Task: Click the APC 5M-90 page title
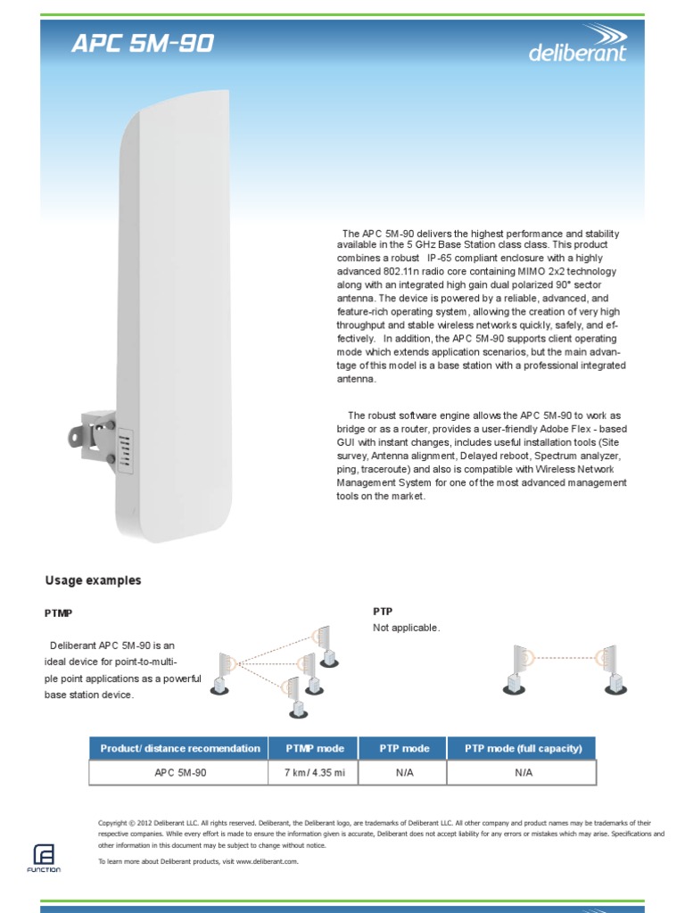click(x=143, y=44)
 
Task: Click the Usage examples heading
click(x=93, y=580)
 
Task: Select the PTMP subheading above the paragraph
click(x=59, y=613)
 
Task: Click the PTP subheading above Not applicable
click(x=382, y=612)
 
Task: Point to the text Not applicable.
click(x=406, y=628)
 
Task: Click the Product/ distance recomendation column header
click(x=180, y=748)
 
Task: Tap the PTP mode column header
click(x=404, y=748)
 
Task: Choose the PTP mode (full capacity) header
click(x=523, y=748)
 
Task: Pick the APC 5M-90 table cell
click(x=180, y=772)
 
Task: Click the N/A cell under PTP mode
click(x=404, y=772)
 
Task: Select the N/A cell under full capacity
click(x=523, y=772)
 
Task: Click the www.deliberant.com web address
click(x=267, y=861)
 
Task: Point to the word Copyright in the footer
click(x=114, y=822)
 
